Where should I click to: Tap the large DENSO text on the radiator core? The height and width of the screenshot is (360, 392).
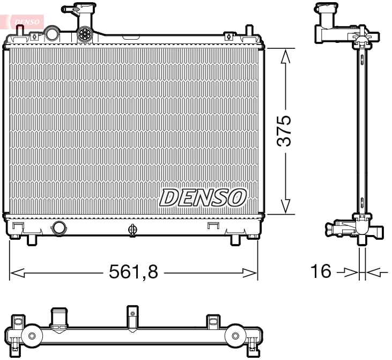pyautogui.click(x=202, y=197)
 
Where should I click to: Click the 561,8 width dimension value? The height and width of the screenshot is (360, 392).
pyautogui.click(x=134, y=273)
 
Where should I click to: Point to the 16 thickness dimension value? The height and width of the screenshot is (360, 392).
pyautogui.click(x=321, y=271)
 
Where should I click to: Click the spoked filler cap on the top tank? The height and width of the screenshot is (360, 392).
pyautogui.click(x=85, y=34)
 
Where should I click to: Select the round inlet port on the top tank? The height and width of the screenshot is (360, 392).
pyautogui.click(x=52, y=34)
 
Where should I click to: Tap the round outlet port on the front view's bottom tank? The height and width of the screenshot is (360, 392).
pyautogui.click(x=58, y=228)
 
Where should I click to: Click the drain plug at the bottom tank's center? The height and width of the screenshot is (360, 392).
pyautogui.click(x=132, y=230)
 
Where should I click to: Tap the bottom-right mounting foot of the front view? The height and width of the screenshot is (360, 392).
pyautogui.click(x=235, y=239)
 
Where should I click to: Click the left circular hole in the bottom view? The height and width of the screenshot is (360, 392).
pyautogui.click(x=32, y=336)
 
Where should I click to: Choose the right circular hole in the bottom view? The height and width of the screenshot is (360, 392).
pyautogui.click(x=235, y=336)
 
